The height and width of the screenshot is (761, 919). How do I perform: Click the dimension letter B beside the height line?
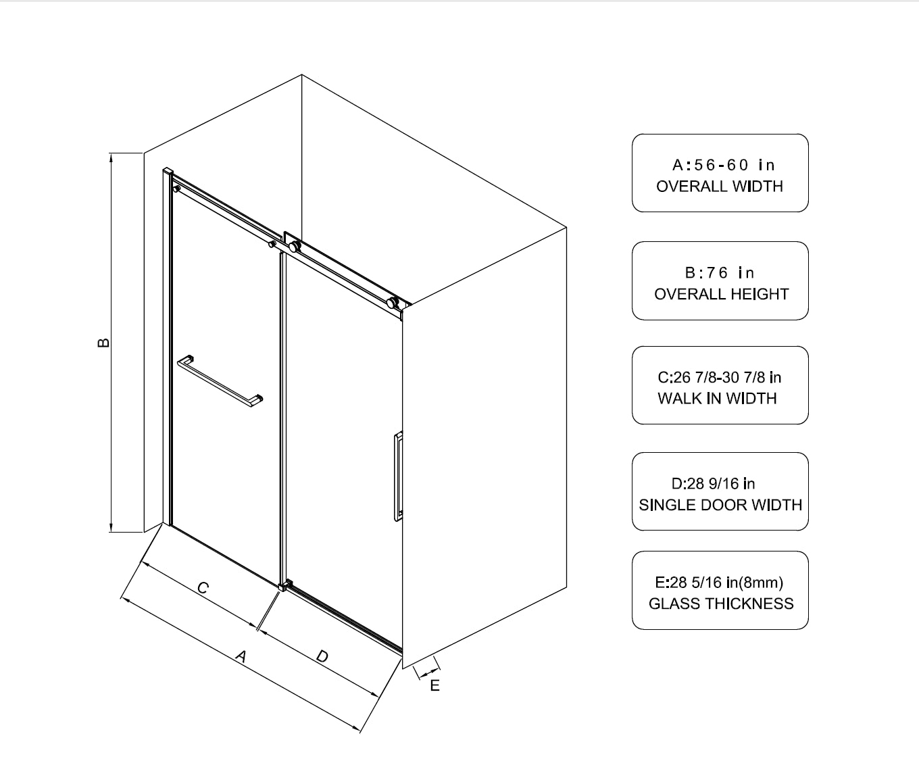(103, 342)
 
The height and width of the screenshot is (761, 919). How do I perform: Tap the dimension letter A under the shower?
(241, 656)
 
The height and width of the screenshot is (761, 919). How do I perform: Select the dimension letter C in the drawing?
(203, 588)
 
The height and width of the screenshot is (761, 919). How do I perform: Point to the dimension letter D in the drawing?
(322, 656)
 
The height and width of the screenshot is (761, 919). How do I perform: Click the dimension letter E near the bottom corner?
(435, 685)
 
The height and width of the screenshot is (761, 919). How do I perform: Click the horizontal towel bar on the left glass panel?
(220, 381)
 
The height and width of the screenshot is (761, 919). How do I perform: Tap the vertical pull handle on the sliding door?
(398, 476)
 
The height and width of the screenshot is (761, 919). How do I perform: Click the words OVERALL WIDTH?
(720, 187)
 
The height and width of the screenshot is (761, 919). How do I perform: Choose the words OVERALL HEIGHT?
(722, 294)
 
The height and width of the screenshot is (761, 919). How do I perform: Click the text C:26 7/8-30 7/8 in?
(720, 377)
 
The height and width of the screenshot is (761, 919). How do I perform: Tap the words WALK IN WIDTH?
(717, 398)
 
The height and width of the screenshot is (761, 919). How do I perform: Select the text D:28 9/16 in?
(713, 484)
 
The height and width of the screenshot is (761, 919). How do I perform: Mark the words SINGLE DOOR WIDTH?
(720, 505)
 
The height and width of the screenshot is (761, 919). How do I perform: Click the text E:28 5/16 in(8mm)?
(719, 583)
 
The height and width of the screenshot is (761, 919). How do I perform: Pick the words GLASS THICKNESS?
(721, 604)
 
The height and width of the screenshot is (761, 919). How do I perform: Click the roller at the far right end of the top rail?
(392, 303)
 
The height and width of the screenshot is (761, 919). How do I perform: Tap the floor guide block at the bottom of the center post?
(286, 585)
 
